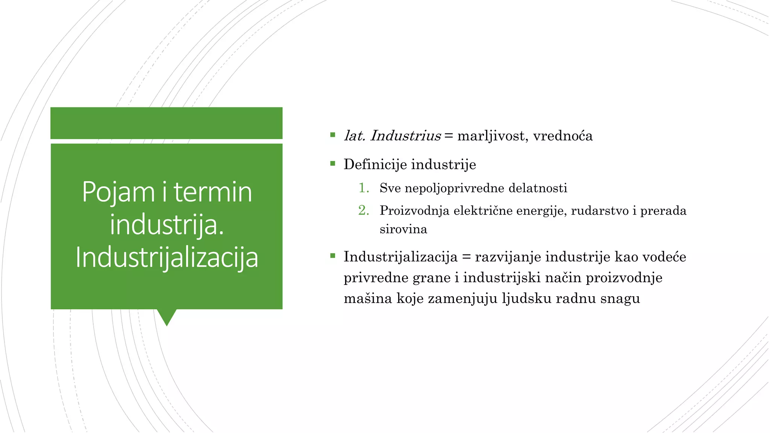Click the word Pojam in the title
click(118, 192)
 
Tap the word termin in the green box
click(212, 192)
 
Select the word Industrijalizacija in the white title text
click(167, 257)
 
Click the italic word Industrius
click(405, 136)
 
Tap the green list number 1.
click(363, 188)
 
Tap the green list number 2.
click(363, 210)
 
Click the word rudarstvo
click(600, 210)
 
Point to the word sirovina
click(403, 229)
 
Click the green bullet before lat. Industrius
click(332, 135)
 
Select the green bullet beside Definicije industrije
click(332, 163)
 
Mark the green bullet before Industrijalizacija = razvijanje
click(332, 256)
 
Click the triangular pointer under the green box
click(167, 316)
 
